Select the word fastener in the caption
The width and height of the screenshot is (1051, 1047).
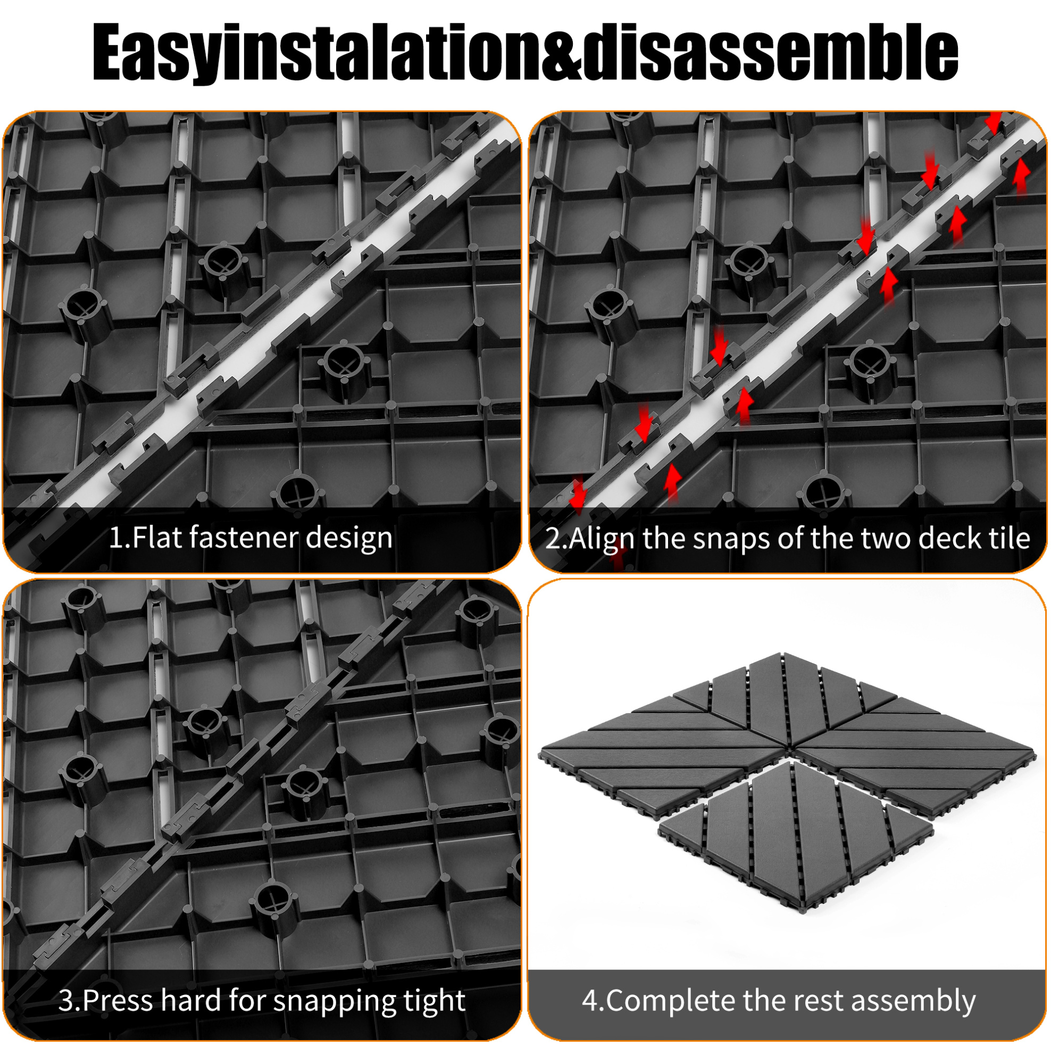point(244,538)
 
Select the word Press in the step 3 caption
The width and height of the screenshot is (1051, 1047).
point(118,1001)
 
